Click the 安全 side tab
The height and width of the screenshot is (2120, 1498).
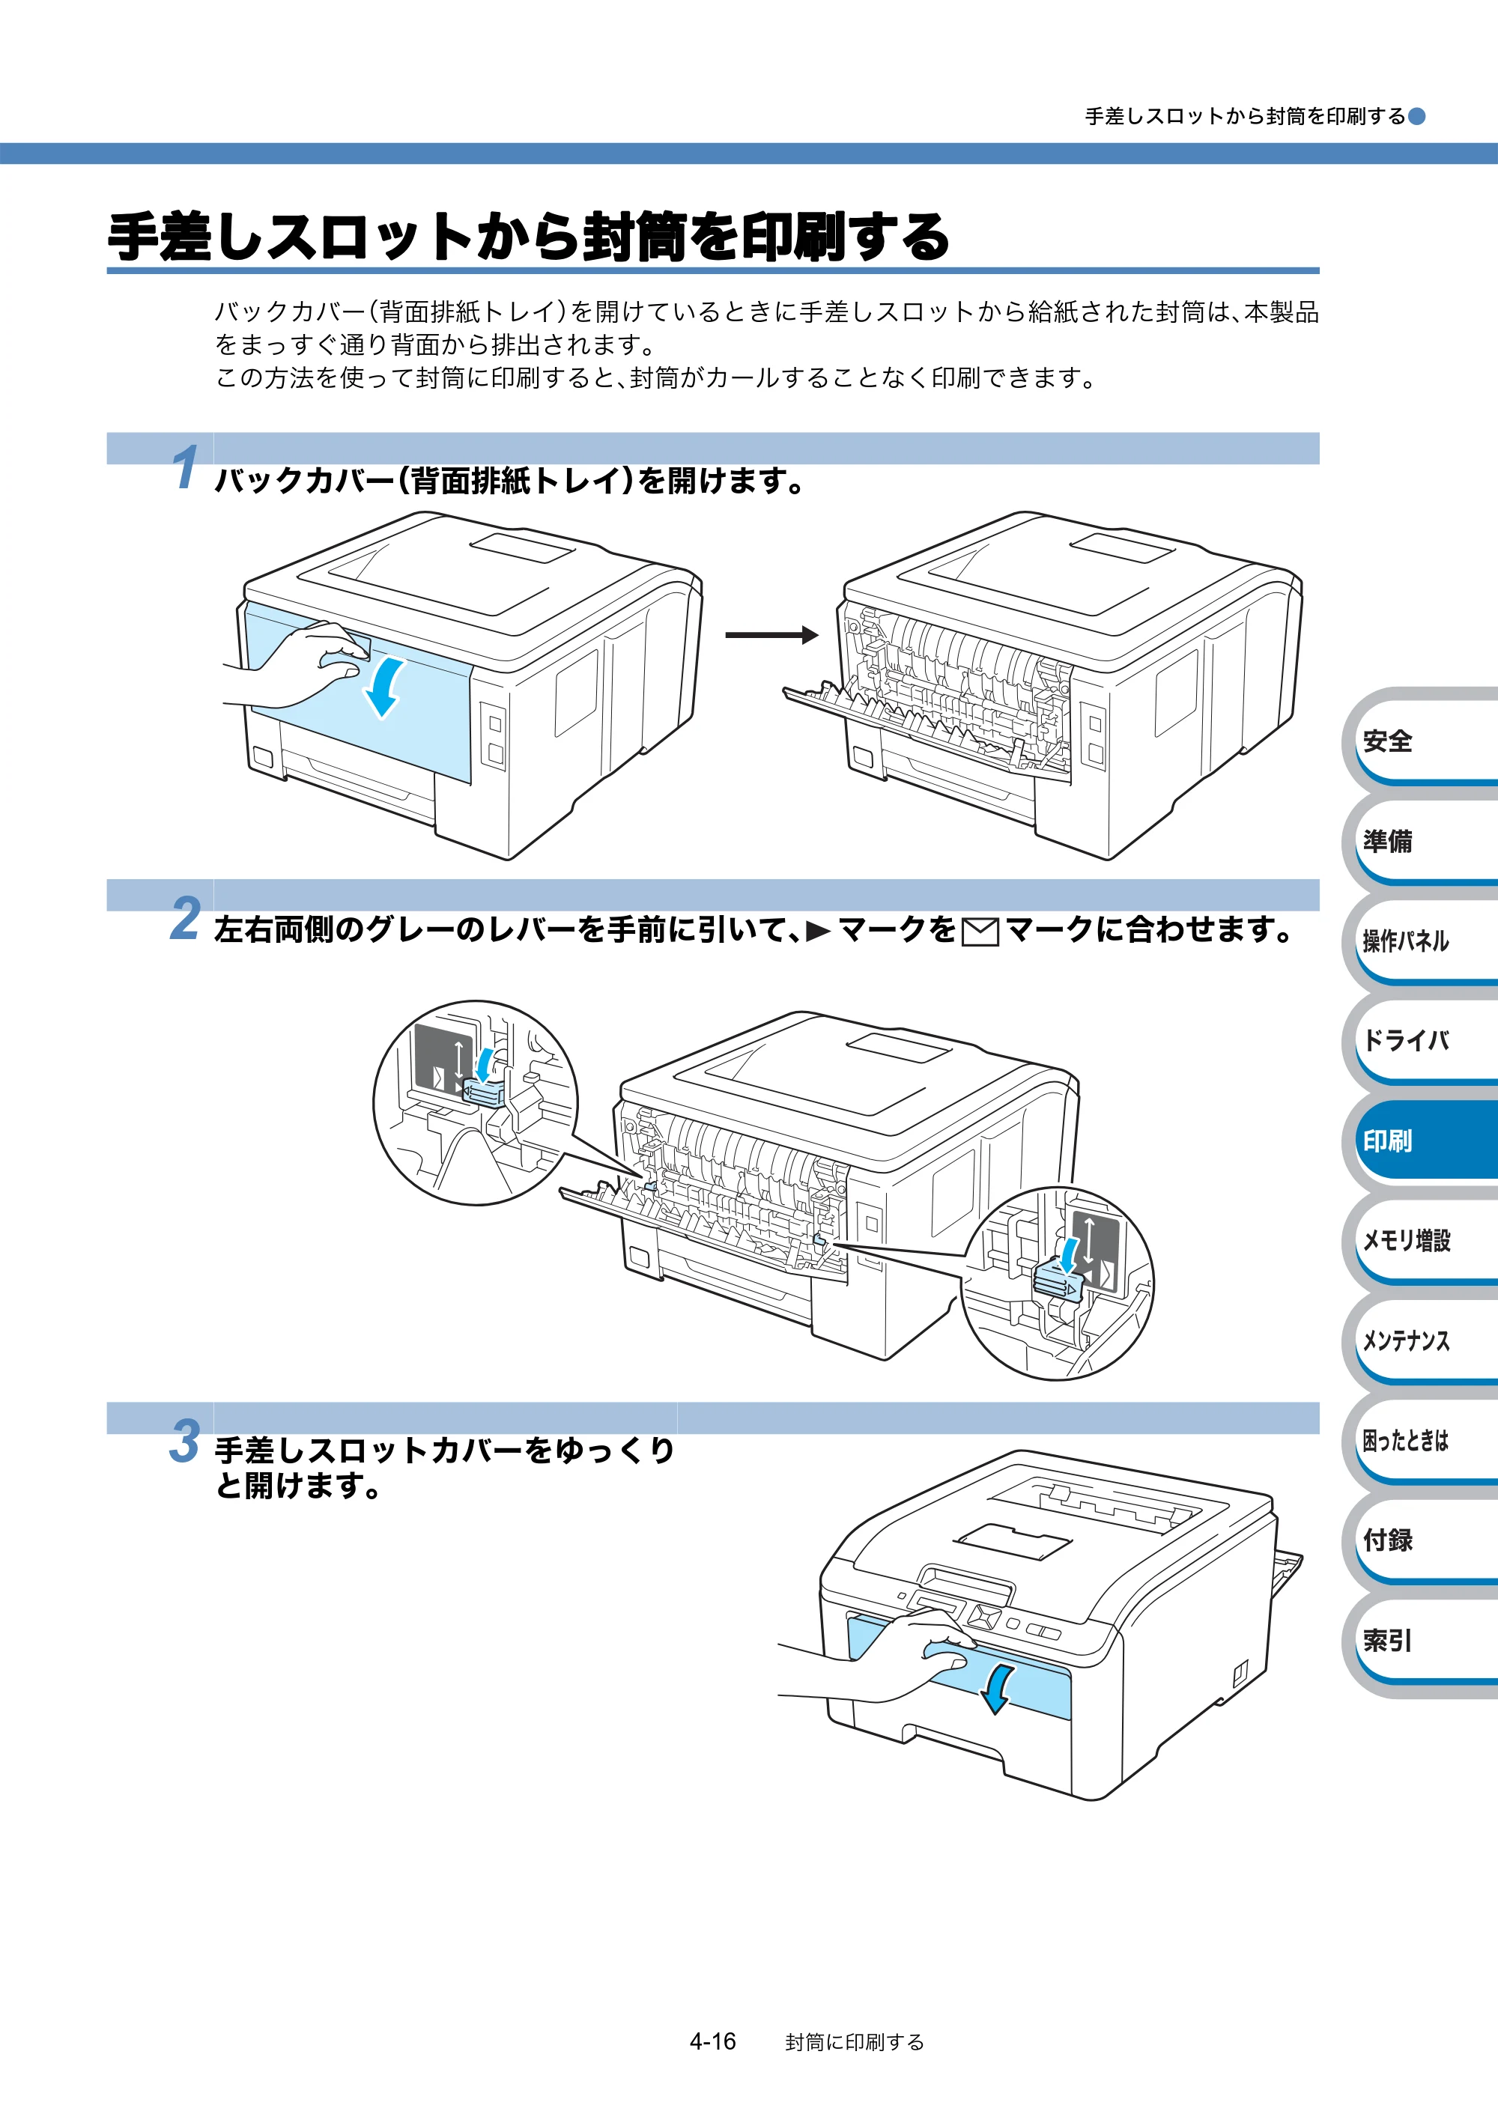point(1420,740)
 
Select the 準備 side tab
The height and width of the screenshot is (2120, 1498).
point(1420,840)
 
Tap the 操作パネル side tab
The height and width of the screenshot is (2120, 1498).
point(1420,940)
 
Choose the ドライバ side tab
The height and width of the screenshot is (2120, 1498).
point(1420,1039)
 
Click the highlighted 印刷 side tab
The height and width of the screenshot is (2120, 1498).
point(1420,1141)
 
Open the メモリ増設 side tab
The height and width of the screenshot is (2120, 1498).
point(1420,1240)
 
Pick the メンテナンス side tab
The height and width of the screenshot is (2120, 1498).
point(1420,1340)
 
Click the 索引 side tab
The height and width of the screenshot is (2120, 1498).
point(1420,1641)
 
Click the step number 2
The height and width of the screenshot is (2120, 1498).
point(185,918)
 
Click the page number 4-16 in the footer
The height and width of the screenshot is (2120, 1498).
point(712,2041)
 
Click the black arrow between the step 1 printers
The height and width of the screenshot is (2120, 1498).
point(772,634)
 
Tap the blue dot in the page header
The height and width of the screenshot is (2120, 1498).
point(1416,116)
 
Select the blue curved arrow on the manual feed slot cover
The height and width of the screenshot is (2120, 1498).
point(998,1689)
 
